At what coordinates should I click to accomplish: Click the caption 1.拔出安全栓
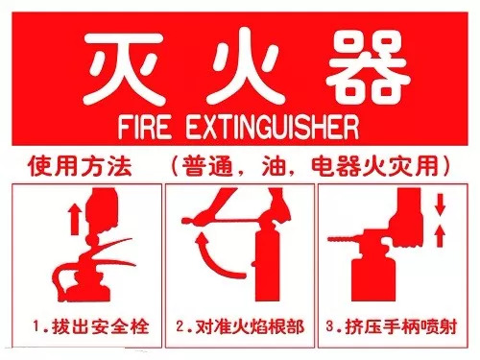tap(87, 327)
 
